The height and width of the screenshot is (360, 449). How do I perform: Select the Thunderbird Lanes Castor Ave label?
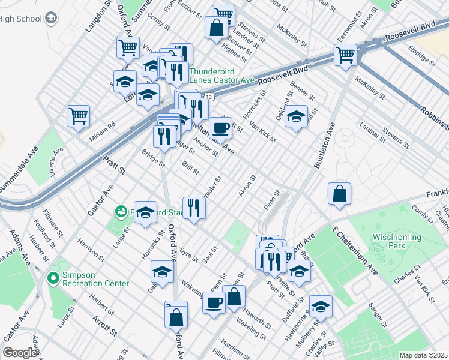click(x=222, y=75)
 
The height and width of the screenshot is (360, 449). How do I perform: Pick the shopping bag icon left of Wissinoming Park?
click(x=339, y=193)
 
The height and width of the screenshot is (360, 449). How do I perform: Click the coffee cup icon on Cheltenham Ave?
click(x=220, y=127)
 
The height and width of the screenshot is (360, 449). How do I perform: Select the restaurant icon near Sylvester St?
click(x=194, y=208)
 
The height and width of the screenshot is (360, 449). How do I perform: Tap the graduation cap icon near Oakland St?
click(x=296, y=116)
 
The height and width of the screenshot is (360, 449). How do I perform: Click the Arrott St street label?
click(x=104, y=324)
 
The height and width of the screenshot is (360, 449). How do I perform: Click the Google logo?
click(x=20, y=353)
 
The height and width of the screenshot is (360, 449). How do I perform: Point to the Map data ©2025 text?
click(x=423, y=355)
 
